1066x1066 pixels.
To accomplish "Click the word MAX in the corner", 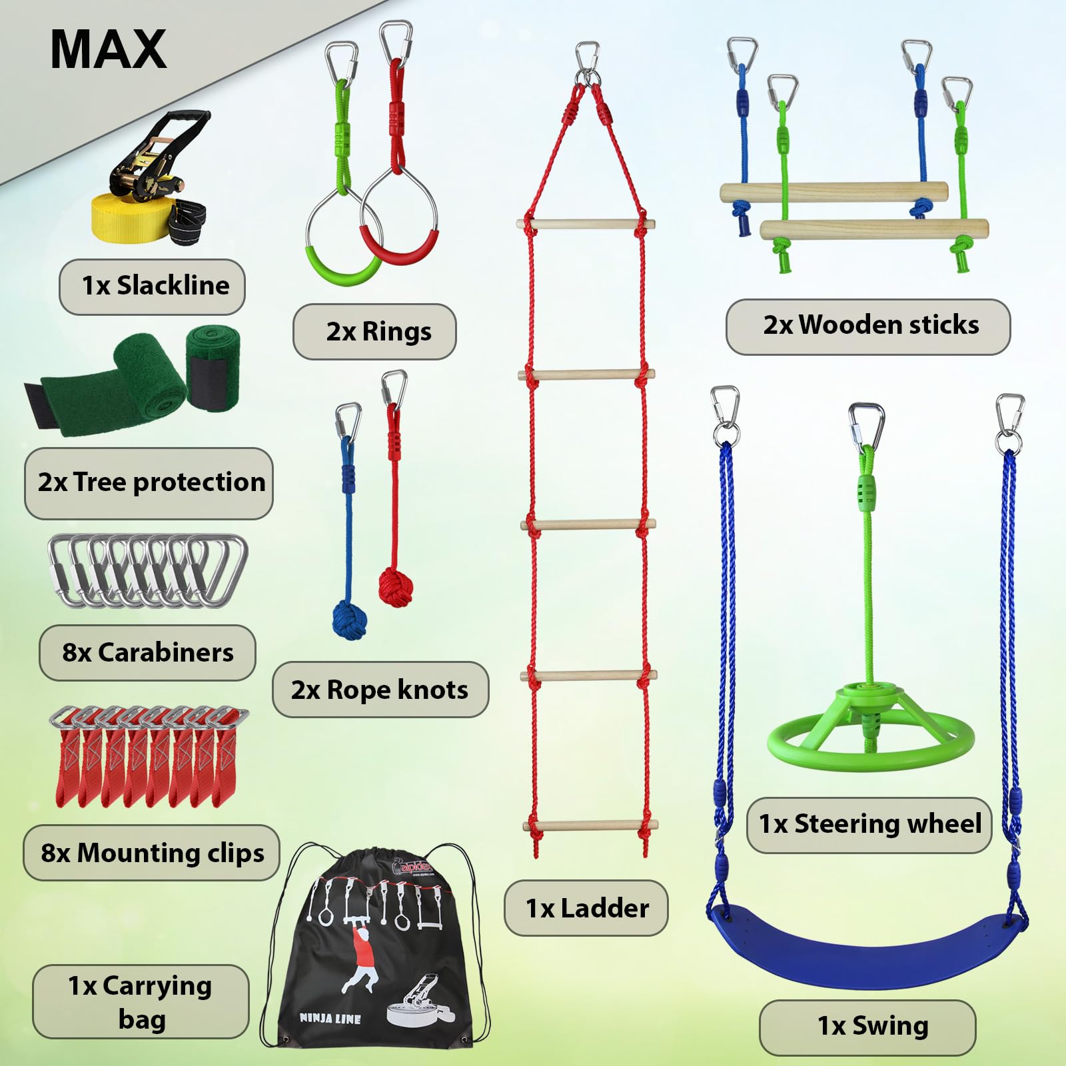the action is (108, 49).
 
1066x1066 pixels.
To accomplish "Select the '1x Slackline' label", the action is (153, 286).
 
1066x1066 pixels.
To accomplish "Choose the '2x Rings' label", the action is (374, 331).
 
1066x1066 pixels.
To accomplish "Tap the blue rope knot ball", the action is (349, 620).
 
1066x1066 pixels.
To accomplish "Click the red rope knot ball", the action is (395, 586).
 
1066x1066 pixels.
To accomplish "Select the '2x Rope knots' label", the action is (380, 690).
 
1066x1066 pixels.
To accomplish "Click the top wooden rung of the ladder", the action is (586, 225).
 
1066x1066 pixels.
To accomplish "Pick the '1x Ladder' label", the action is (586, 908).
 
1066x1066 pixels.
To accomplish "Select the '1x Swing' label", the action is (867, 1027).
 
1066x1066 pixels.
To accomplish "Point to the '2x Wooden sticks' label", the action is (868, 326).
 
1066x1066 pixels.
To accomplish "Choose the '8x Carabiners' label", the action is (147, 653).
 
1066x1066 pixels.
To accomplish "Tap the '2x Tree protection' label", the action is (149, 483).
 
